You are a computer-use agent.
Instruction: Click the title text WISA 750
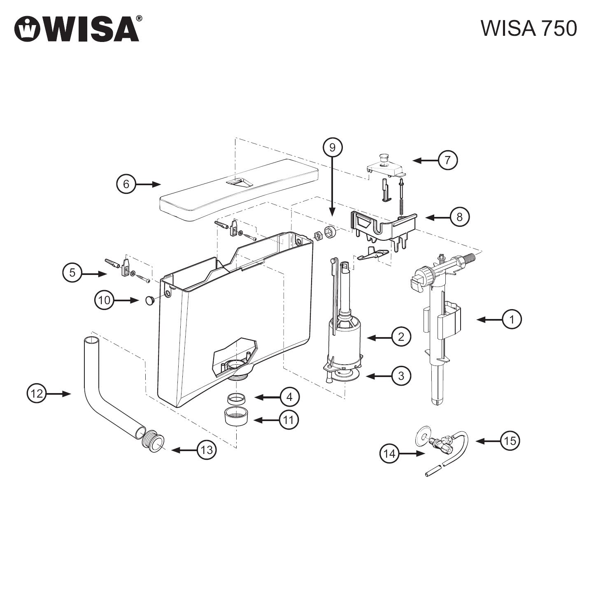[528, 28]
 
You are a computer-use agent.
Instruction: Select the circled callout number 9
[332, 148]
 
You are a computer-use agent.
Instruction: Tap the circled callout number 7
[447, 160]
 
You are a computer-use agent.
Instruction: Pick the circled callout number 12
[37, 394]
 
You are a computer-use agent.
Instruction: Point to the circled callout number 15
[510, 441]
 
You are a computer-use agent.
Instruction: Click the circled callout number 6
[126, 184]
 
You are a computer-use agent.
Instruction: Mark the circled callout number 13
[207, 450]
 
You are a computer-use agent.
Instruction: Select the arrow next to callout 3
[379, 376]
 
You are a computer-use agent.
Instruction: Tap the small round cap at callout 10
[150, 300]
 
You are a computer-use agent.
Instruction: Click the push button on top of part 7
[384, 158]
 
